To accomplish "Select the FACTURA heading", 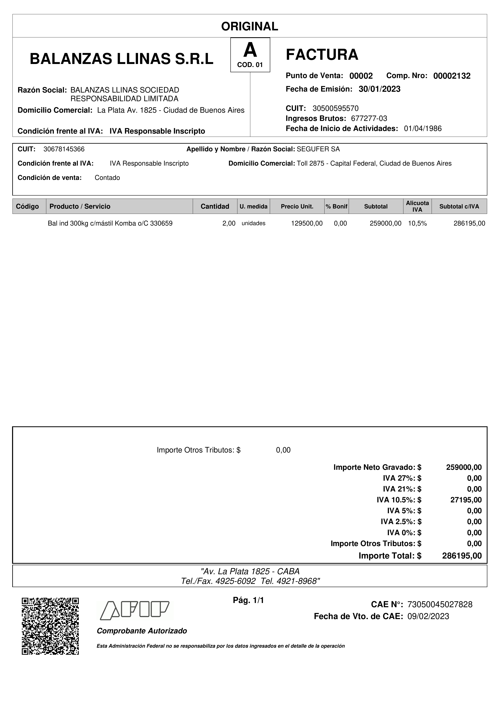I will click(322, 55).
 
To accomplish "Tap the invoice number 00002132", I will click(452, 76).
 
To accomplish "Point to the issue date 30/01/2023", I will click(379, 89).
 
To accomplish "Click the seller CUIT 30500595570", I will click(335, 108).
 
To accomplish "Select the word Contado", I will click(107, 178).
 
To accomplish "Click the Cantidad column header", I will click(215, 206).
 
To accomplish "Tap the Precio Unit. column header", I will click(297, 206).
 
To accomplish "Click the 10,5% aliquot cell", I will click(417, 224).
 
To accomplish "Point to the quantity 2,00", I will click(229, 224).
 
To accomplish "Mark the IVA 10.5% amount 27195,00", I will click(466, 500).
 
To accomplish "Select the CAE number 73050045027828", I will click(440, 605).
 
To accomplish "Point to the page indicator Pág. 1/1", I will click(248, 600).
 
